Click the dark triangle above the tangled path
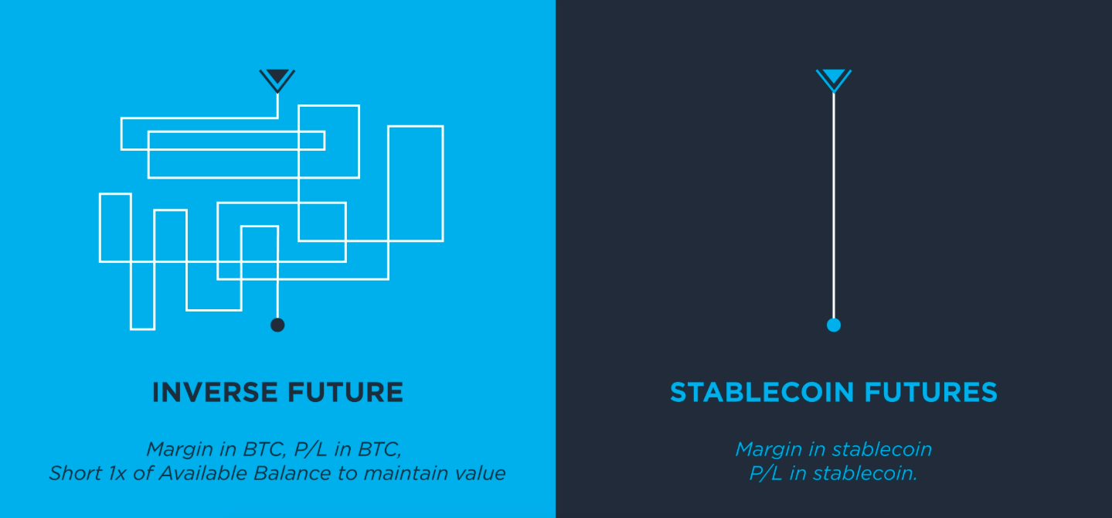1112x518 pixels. coord(277,78)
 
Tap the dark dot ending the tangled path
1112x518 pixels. coord(277,325)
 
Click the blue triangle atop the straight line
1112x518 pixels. coord(834,78)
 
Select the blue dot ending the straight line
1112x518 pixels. coord(834,325)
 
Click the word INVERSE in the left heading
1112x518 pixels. coord(215,392)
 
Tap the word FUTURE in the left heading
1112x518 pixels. coord(346,392)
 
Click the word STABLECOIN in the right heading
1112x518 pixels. coord(762,392)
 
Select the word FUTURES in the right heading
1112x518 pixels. coord(931,392)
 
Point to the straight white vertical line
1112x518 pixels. coord(834,206)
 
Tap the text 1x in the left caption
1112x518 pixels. coord(117,473)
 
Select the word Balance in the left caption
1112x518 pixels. coord(292,473)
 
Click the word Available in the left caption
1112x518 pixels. coord(202,473)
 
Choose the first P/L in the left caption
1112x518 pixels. coord(311,449)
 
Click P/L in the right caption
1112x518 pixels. coord(766,473)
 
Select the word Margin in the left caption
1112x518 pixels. coord(180,449)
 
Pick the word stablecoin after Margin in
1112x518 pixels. coord(882,449)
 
